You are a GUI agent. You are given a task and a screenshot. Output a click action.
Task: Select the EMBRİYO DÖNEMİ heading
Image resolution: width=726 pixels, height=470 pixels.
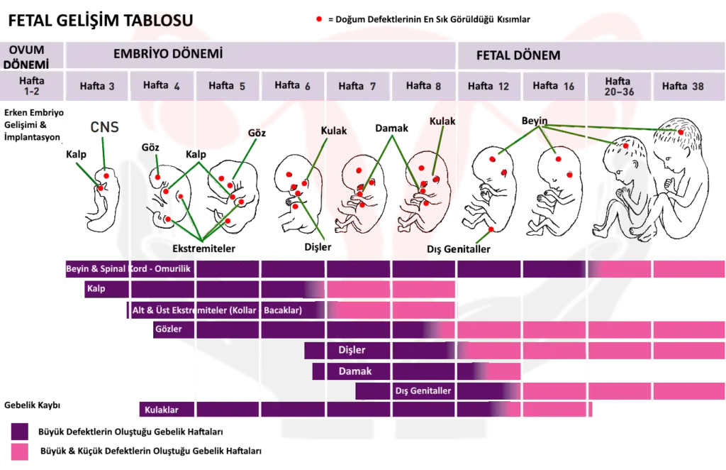[169, 54]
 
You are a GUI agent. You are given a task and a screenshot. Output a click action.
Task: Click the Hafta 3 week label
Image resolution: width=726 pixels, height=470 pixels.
[97, 87]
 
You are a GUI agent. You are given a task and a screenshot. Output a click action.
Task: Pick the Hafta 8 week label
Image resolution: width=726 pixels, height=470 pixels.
[423, 86]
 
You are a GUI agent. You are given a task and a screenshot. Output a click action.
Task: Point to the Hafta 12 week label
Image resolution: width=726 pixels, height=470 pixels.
[488, 87]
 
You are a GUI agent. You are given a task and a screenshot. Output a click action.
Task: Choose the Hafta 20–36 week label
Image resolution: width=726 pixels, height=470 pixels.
[618, 87]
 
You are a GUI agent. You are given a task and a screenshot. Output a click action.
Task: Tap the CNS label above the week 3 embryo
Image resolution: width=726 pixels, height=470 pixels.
[105, 128]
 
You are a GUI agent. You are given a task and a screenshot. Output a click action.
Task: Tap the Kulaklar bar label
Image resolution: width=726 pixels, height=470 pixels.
[160, 410]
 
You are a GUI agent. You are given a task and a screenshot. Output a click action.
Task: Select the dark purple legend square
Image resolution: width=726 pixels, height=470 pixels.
[18, 432]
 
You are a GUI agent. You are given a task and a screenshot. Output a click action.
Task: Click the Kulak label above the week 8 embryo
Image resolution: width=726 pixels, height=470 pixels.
[442, 121]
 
